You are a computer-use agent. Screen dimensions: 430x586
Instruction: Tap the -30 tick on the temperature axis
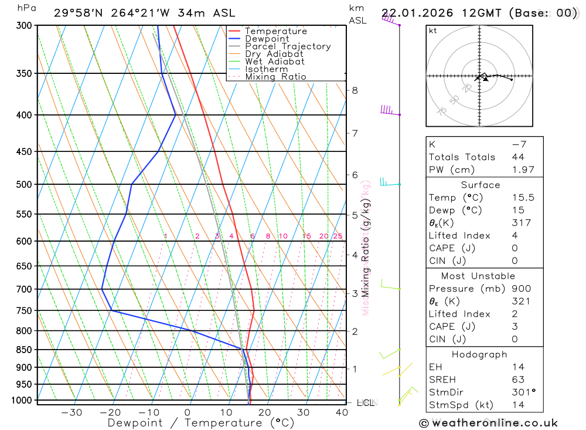pyautogui.click(x=71, y=412)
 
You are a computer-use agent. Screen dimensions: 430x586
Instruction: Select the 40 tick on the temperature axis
pyautogui.click(x=342, y=412)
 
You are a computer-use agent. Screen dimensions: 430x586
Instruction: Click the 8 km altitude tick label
pyautogui.click(x=355, y=90)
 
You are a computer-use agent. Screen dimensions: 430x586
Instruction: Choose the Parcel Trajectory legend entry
pyautogui.click(x=287, y=46)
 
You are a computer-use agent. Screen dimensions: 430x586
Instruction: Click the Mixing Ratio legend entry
pyautogui.click(x=275, y=76)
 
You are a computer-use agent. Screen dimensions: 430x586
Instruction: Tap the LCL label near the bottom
pyautogui.click(x=366, y=403)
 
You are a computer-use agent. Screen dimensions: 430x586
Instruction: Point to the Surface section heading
pyautogui.click(x=480, y=185)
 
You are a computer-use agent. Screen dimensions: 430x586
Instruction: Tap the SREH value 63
pyautogui.click(x=517, y=380)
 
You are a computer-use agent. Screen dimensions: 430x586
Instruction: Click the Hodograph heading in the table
pyautogui.click(x=479, y=354)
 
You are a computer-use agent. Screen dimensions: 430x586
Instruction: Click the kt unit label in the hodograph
pyautogui.click(x=433, y=31)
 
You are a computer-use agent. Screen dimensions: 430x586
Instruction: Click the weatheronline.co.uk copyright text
pyautogui.click(x=488, y=423)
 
